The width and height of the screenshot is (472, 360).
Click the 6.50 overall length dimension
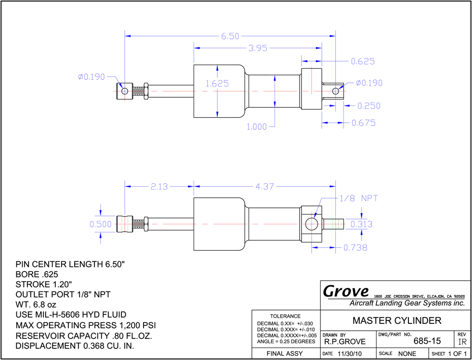(x=230, y=36)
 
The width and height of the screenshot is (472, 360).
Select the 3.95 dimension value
(x=258, y=48)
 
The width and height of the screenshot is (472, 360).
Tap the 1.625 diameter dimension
(x=217, y=83)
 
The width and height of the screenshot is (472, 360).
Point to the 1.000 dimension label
(x=257, y=127)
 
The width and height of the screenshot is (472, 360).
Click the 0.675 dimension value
(x=363, y=123)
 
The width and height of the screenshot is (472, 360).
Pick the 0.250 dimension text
(x=369, y=106)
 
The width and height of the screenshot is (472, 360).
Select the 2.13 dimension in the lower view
(x=159, y=187)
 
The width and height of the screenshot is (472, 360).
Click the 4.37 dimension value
(x=264, y=187)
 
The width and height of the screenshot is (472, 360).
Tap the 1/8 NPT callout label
(x=358, y=198)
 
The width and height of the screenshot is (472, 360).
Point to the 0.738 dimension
(x=355, y=247)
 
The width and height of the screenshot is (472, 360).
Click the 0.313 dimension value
(x=361, y=224)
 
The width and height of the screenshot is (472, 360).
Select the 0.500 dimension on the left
(x=101, y=224)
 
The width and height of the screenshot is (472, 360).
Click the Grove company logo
(x=346, y=291)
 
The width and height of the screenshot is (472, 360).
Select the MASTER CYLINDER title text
(x=397, y=321)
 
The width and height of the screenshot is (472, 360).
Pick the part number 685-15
(x=427, y=341)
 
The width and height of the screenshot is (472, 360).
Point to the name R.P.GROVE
(x=345, y=342)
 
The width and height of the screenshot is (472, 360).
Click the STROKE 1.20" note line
(x=44, y=284)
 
